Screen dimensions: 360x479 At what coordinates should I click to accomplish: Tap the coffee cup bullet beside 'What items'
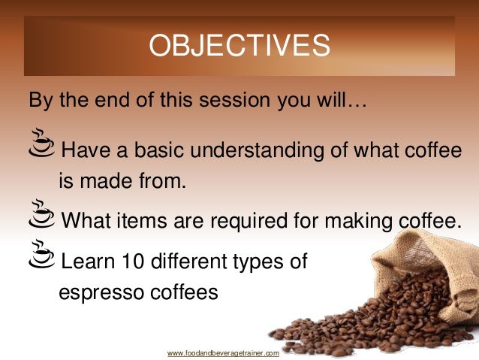pyautogui.click(x=41, y=213)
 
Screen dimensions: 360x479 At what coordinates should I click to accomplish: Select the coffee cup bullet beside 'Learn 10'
pyautogui.click(x=41, y=256)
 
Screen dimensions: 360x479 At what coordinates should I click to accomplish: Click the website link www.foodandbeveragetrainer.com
pyautogui.click(x=223, y=352)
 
